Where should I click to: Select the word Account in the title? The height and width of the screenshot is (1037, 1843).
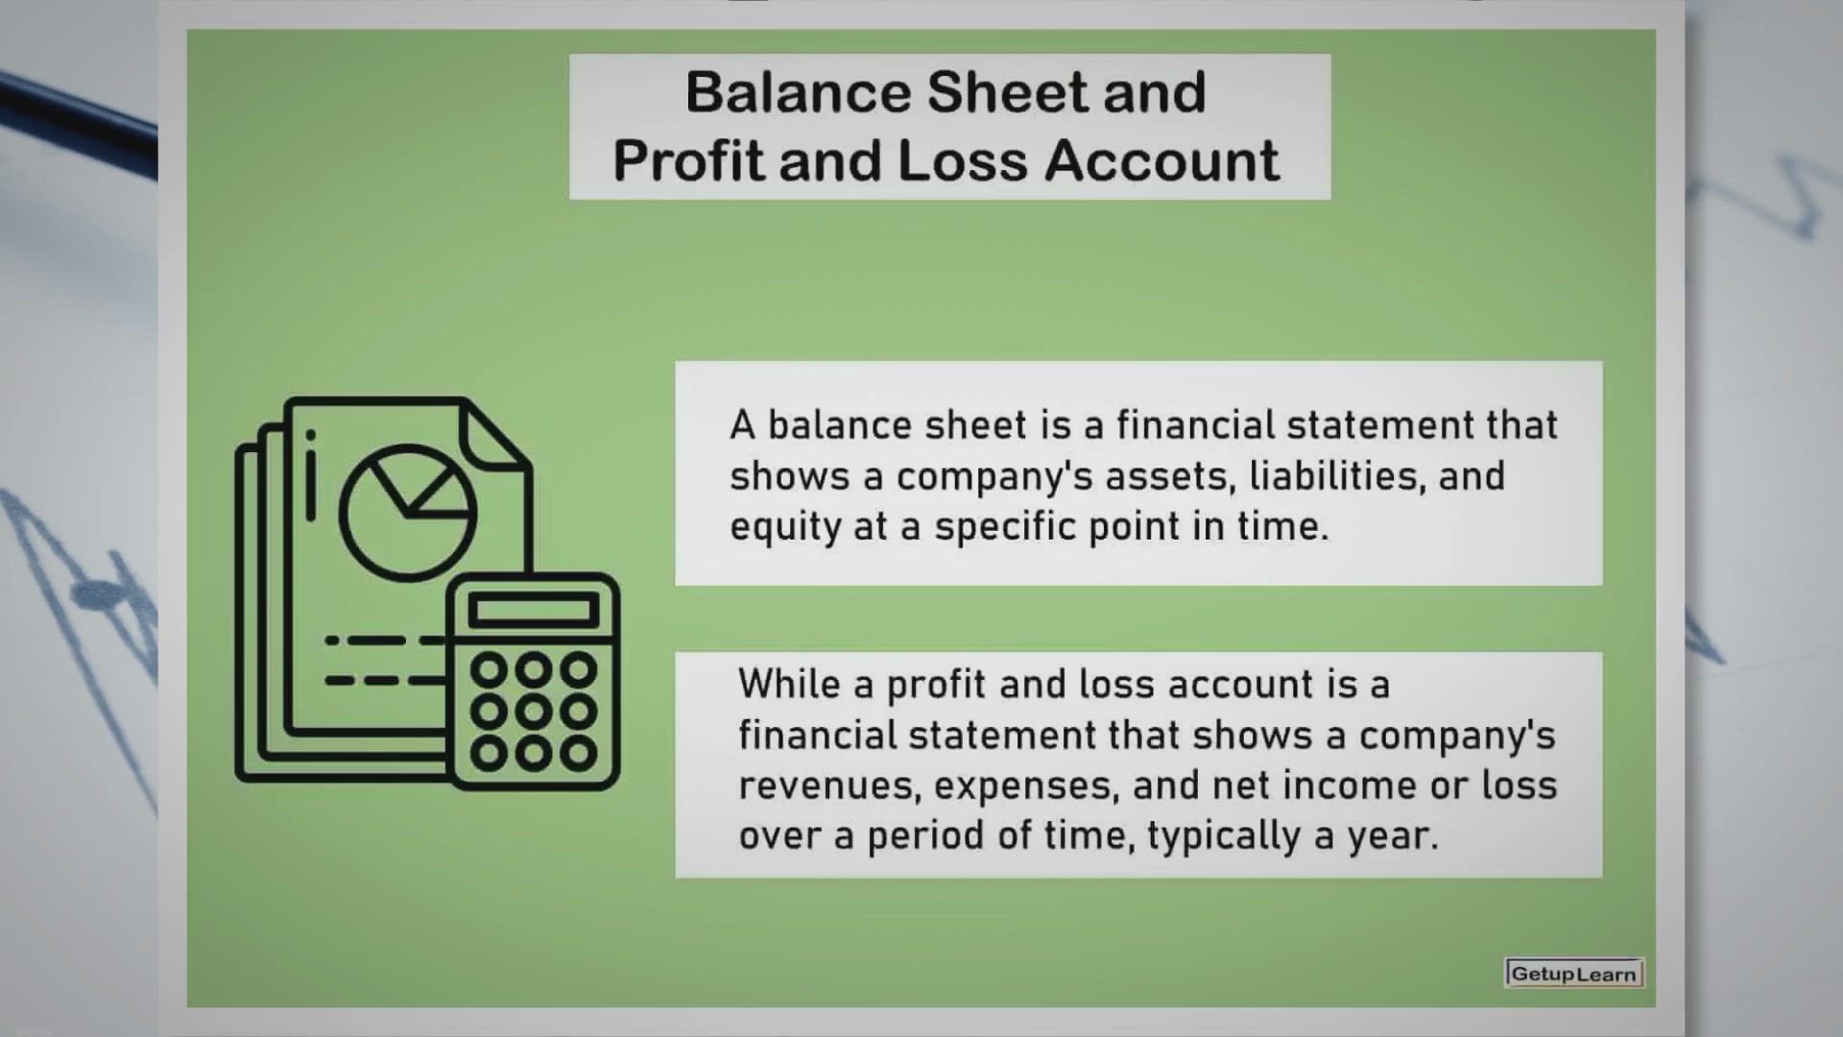pos(1161,159)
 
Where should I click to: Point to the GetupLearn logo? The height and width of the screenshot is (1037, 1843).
pos(1574,974)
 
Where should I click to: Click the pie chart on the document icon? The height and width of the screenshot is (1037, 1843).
pos(408,512)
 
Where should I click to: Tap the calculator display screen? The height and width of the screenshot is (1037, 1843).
pos(534,611)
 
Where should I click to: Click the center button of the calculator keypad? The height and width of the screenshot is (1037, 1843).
pos(534,711)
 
